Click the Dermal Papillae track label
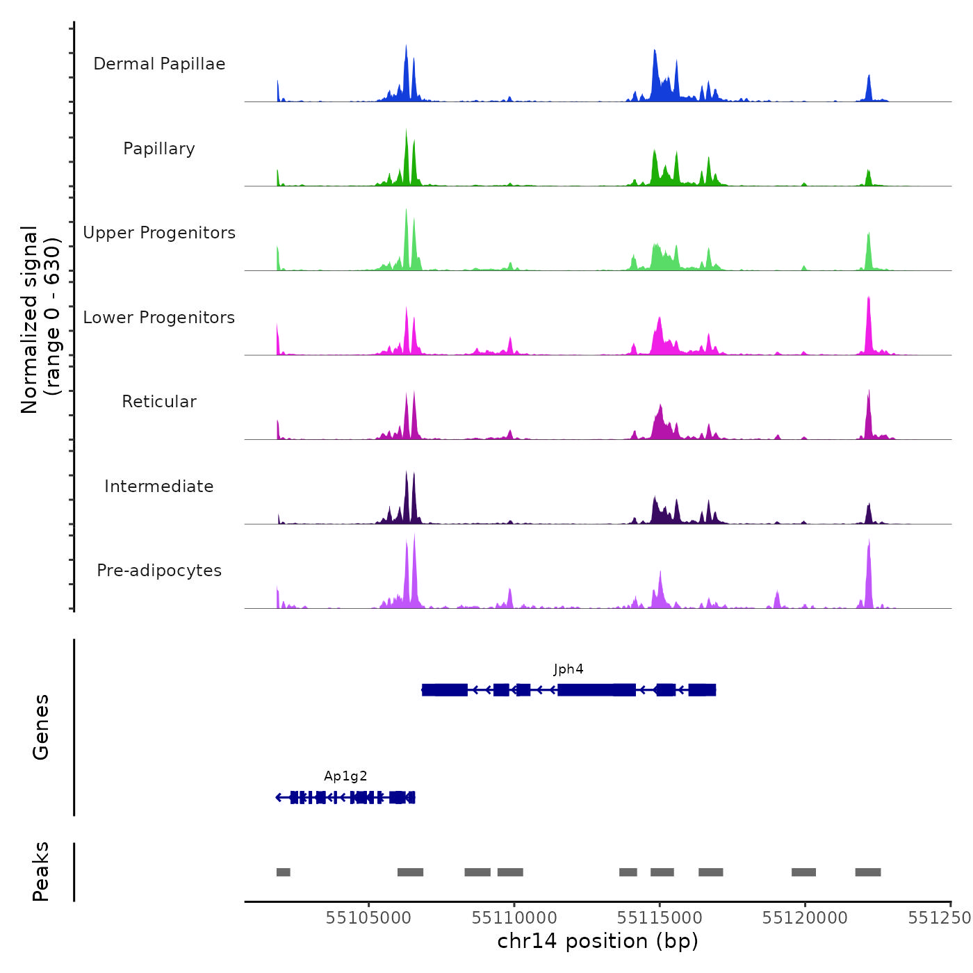[159, 64]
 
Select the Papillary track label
[159, 149]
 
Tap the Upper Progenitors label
[159, 233]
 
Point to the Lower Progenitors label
[159, 318]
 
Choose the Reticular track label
[159, 402]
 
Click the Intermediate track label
[159, 486]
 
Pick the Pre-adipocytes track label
[159, 571]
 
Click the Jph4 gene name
[569, 669]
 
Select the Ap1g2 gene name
[345, 776]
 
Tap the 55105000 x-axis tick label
[368, 918]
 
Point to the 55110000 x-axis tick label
[514, 918]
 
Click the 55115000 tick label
[660, 918]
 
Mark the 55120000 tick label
[805, 918]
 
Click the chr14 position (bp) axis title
[598, 942]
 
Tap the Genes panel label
[41, 727]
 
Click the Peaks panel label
[41, 872]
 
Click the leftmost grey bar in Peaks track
[284, 872]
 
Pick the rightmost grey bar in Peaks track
[868, 872]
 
